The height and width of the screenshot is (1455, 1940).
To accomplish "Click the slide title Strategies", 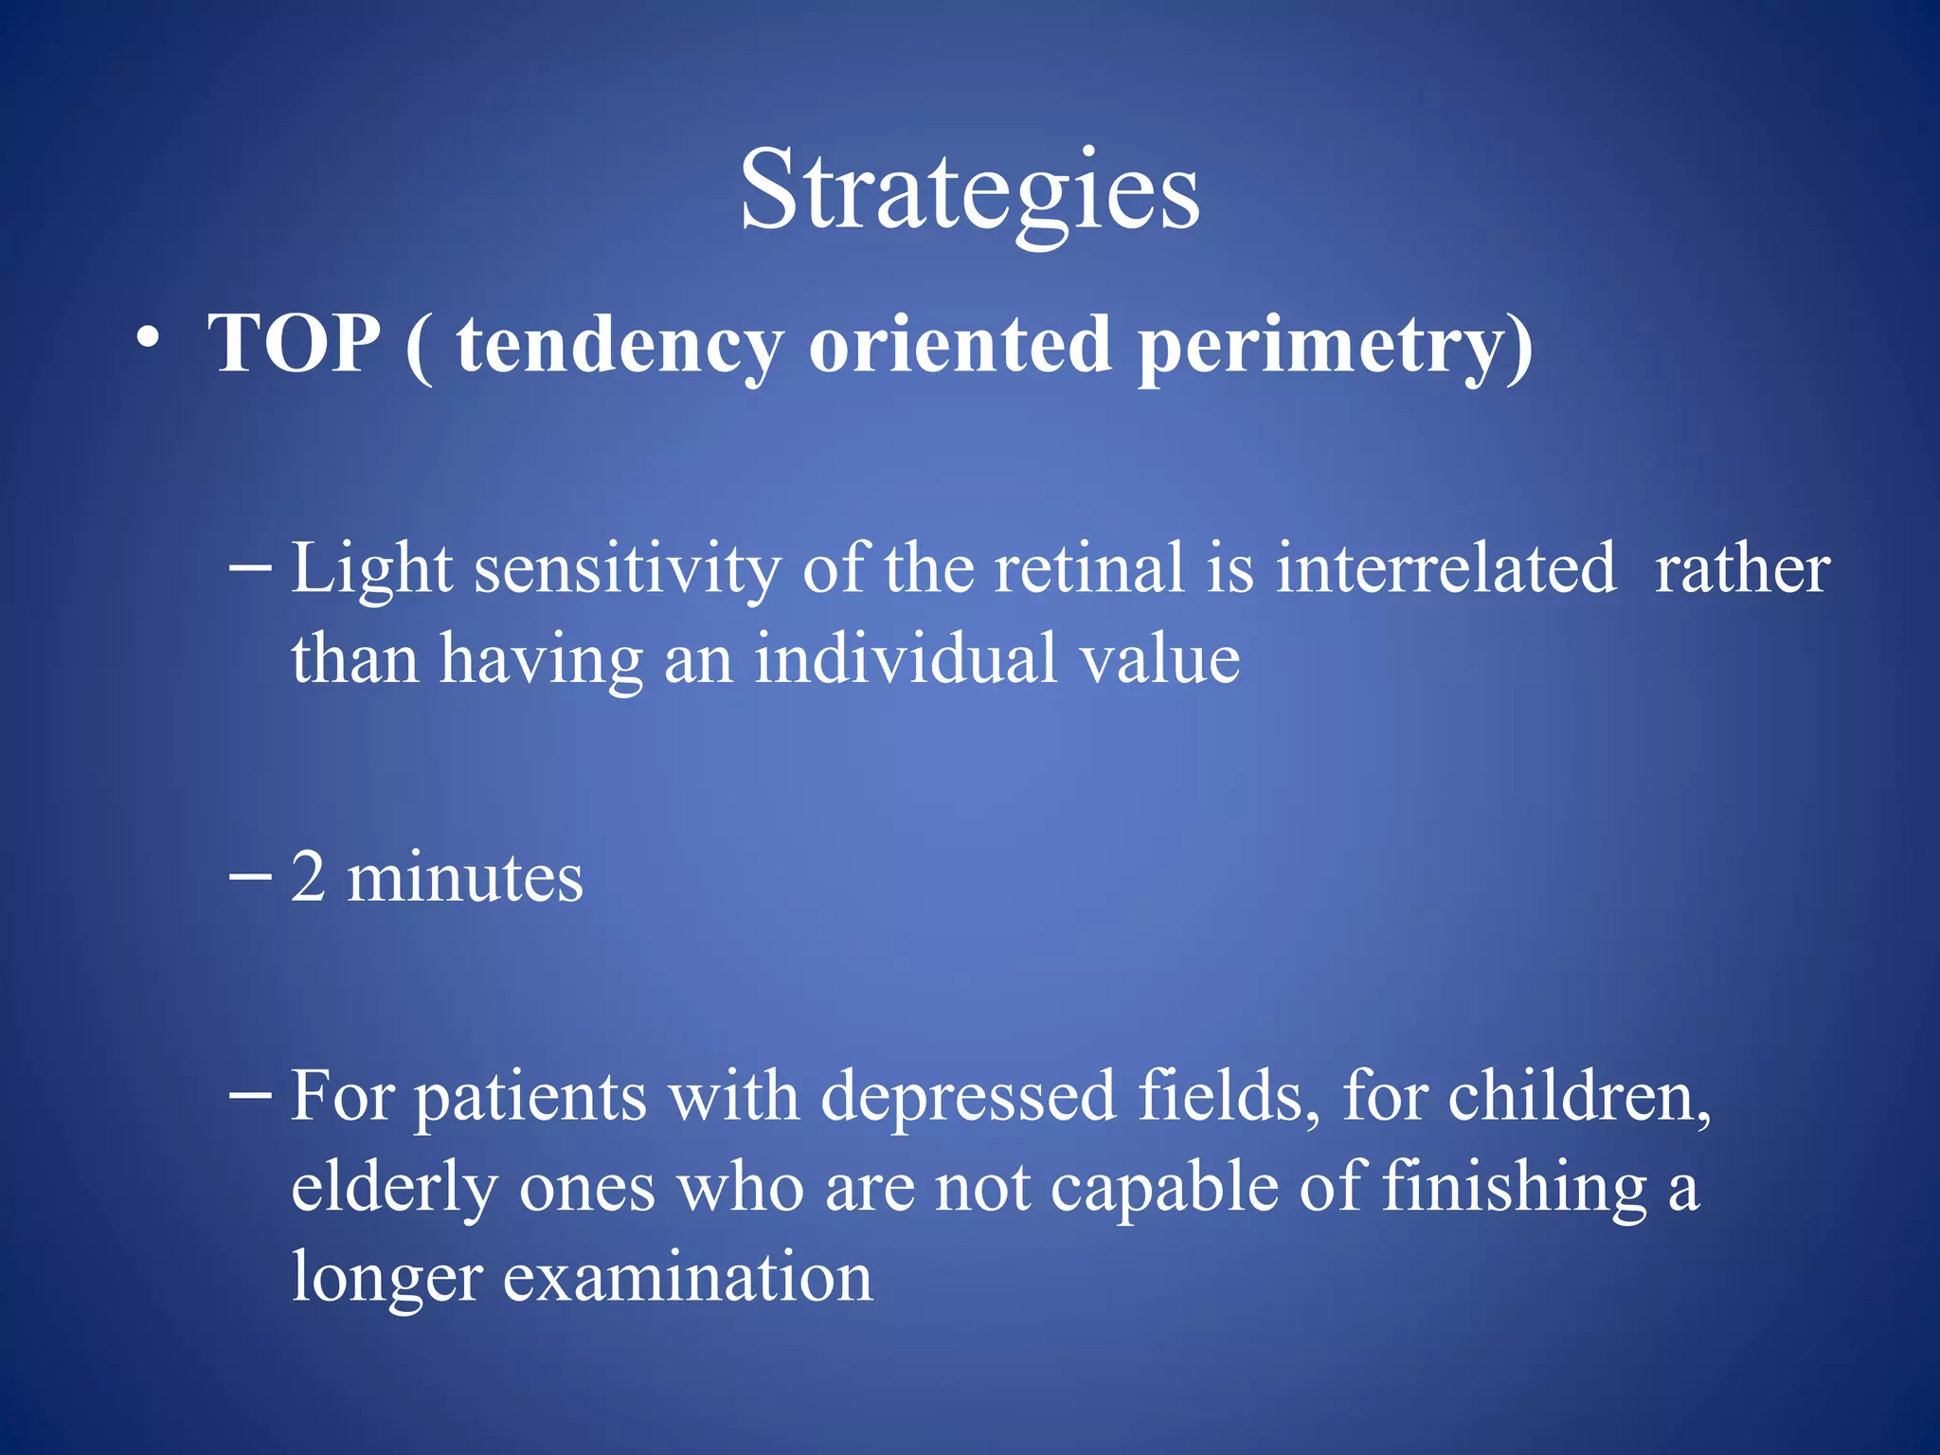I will (970, 192).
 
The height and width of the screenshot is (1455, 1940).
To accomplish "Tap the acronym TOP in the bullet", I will (295, 344).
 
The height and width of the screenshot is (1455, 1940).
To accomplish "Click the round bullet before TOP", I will (147, 338).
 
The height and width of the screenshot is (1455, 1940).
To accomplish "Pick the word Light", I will (371, 570).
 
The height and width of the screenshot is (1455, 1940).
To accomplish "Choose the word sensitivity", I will (627, 570).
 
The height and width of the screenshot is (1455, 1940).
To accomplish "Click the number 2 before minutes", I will (308, 877).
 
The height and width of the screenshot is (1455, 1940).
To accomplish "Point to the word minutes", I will (465, 877).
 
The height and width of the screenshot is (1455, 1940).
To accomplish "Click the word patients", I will (531, 1097).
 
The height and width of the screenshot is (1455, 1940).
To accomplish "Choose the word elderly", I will (393, 1188).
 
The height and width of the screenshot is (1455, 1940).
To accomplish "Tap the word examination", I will (687, 1278).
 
